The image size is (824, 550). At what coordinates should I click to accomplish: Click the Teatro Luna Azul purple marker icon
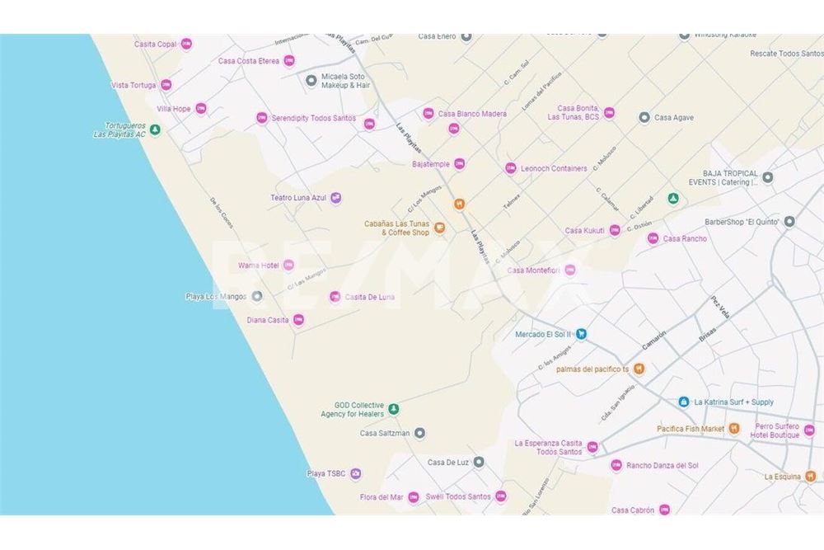pos(335,198)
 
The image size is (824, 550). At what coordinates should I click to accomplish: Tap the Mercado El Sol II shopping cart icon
pos(581,334)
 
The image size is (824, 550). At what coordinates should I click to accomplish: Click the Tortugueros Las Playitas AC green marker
pos(155,129)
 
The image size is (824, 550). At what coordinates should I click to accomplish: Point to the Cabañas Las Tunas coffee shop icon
pos(440,228)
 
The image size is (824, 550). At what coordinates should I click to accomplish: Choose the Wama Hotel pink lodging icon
pos(288,265)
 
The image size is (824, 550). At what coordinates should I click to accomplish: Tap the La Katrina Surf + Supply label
pos(733,402)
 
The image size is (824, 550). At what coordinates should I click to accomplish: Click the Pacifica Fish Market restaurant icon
pos(734,429)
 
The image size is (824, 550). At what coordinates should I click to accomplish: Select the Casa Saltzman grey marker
pos(419,433)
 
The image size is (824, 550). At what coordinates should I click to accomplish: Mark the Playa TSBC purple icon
pos(356,473)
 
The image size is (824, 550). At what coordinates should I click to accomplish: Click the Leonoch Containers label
pos(554,168)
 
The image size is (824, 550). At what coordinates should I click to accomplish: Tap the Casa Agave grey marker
pos(644,118)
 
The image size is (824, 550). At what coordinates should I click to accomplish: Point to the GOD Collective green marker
pos(394,408)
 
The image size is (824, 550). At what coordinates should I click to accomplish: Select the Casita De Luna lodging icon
pos(335,297)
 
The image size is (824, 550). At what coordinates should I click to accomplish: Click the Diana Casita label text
pos(268,320)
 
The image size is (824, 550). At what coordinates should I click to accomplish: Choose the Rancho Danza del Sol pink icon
pos(616,466)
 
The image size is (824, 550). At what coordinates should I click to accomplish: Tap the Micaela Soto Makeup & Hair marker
pos(311,80)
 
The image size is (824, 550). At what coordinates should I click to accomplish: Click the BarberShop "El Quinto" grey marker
pos(789,221)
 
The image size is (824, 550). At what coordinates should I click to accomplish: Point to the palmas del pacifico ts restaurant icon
pos(639,369)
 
